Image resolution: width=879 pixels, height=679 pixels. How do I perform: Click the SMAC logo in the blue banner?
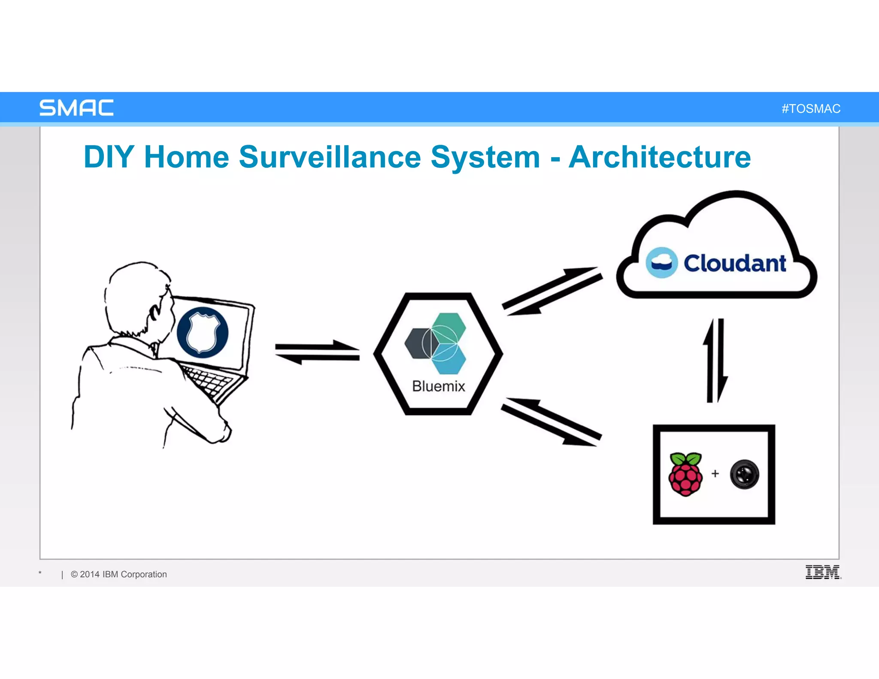(76, 108)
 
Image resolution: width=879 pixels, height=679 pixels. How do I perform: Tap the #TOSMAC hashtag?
(811, 109)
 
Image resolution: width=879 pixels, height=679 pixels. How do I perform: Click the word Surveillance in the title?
(330, 157)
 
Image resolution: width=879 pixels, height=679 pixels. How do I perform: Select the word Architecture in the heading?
(660, 157)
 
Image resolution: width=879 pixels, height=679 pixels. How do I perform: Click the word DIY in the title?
(109, 157)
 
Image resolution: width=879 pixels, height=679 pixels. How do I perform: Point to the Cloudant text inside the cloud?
(735, 263)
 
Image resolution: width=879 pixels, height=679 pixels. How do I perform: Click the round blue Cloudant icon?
(661, 263)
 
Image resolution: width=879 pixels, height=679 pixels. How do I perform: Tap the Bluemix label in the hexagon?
(438, 386)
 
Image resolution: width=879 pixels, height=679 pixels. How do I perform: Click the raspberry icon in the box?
(685, 474)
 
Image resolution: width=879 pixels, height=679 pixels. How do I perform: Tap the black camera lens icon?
(745, 474)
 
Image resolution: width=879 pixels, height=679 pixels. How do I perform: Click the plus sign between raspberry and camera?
(715, 473)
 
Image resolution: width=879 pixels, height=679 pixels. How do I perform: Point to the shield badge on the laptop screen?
(202, 333)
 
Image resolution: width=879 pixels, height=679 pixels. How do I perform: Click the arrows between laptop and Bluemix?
(317, 352)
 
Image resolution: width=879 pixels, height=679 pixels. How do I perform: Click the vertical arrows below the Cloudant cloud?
(715, 361)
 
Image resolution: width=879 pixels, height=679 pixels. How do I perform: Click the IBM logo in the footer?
(823, 572)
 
